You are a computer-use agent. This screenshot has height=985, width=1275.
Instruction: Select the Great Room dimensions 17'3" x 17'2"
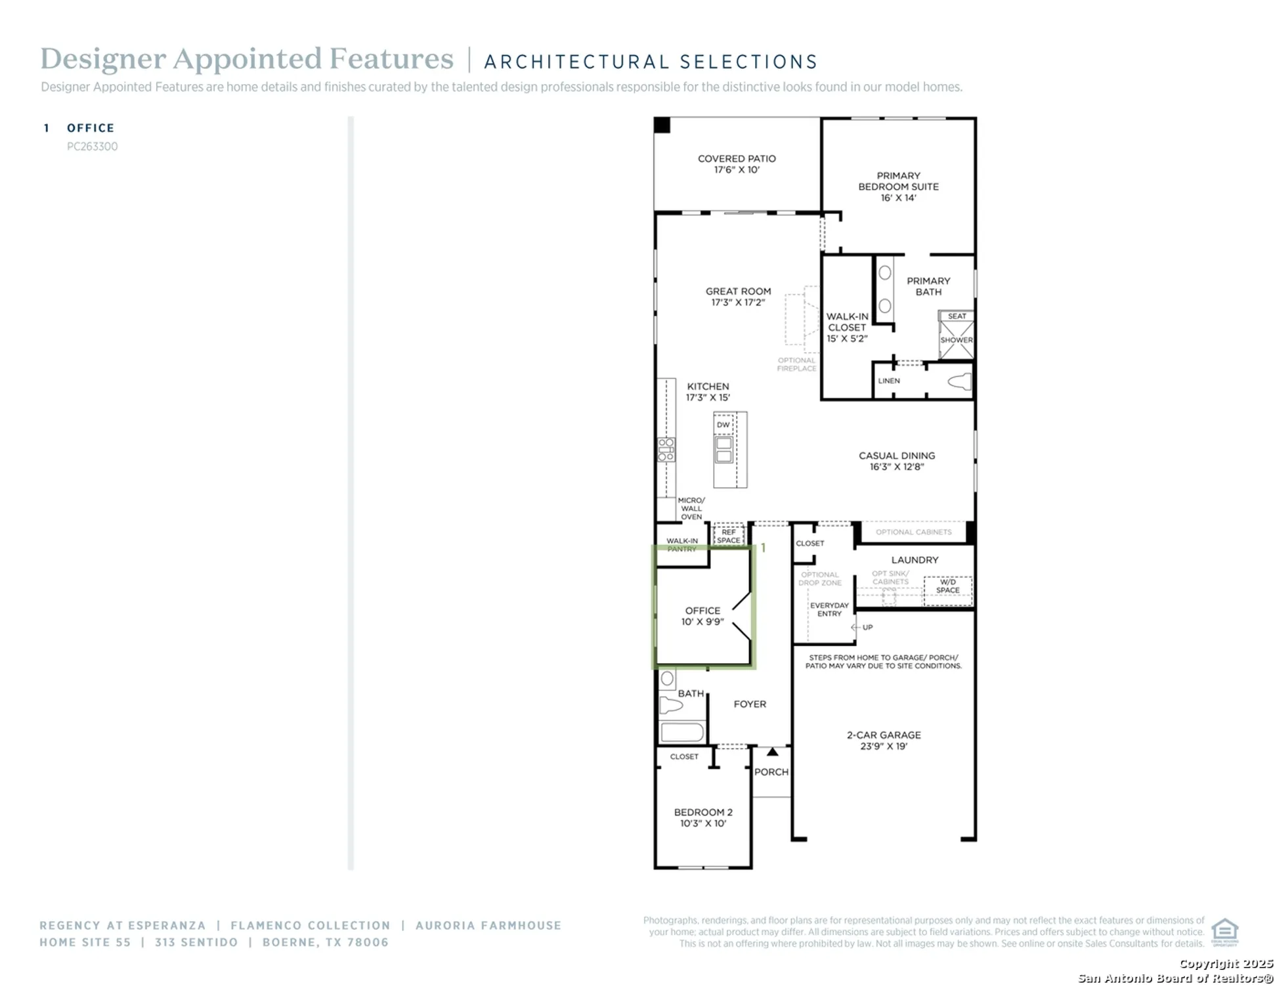(x=737, y=303)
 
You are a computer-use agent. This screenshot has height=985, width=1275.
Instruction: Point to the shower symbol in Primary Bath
(x=956, y=339)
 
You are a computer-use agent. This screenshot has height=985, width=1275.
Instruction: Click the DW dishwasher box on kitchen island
(x=723, y=425)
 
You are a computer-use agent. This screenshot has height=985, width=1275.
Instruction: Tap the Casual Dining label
(x=896, y=456)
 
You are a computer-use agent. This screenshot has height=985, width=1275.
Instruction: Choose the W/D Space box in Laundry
(x=947, y=586)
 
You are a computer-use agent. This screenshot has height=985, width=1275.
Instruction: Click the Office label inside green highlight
(x=702, y=611)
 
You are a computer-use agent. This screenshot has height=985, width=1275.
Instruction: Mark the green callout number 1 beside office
(x=763, y=548)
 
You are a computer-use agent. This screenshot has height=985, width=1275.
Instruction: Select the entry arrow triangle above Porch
(x=772, y=752)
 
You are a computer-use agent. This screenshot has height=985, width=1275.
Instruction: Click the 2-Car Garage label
(x=883, y=735)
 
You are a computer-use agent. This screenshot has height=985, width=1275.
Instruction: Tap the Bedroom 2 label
(x=702, y=813)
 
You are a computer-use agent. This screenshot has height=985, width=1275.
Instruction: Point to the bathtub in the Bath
(x=681, y=732)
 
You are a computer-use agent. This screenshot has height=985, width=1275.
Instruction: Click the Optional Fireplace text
(x=796, y=364)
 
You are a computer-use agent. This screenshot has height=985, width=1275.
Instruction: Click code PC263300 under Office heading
(x=92, y=146)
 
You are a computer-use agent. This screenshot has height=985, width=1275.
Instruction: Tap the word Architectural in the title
(x=576, y=62)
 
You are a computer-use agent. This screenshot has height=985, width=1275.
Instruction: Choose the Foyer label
(x=749, y=704)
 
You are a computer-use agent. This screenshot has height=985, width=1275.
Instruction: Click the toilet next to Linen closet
(x=960, y=382)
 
